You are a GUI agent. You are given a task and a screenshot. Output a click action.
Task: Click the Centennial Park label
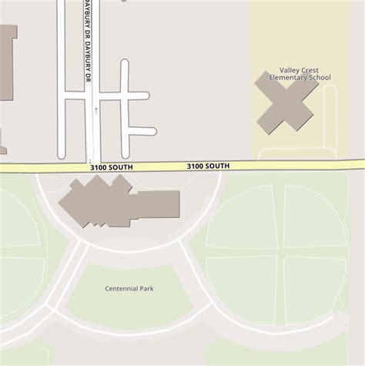point(129,288)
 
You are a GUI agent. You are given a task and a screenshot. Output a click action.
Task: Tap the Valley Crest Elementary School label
point(300,74)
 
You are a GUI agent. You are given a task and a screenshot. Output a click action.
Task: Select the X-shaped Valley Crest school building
point(286,102)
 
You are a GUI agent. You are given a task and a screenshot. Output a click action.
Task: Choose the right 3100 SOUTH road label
point(208,166)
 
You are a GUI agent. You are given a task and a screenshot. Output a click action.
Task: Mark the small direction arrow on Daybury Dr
point(95,110)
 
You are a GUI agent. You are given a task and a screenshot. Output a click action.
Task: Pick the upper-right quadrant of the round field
point(314,216)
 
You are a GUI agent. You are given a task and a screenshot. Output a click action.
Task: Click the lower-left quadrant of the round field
point(242,288)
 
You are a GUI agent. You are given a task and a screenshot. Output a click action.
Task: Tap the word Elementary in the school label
point(286,78)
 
